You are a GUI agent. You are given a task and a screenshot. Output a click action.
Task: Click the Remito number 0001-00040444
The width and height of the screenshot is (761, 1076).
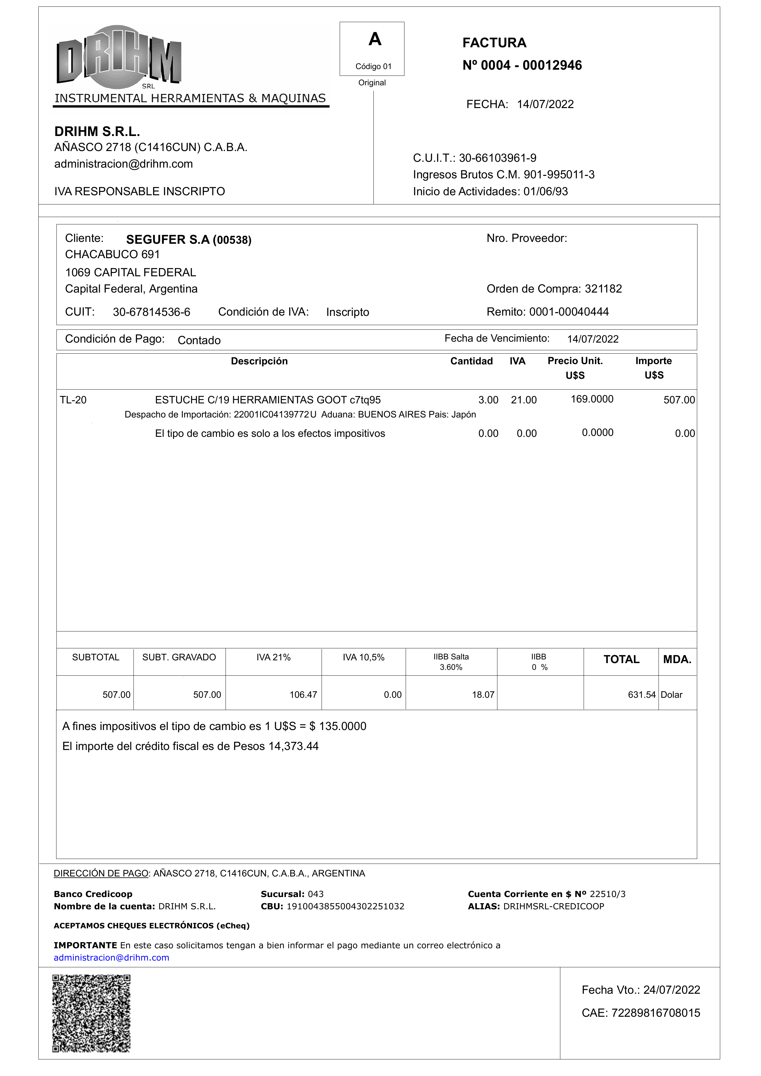click(x=569, y=312)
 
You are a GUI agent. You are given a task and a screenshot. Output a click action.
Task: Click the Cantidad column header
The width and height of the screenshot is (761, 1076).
click(x=471, y=361)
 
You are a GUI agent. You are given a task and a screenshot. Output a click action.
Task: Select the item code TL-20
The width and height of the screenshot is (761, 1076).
click(x=73, y=400)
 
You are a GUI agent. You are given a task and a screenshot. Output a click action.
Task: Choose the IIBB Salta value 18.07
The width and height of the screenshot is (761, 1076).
click(x=483, y=695)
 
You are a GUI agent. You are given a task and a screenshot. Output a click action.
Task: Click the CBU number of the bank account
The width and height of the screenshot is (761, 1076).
click(x=345, y=906)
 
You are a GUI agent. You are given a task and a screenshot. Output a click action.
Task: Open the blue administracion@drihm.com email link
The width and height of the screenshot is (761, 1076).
click(x=111, y=958)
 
